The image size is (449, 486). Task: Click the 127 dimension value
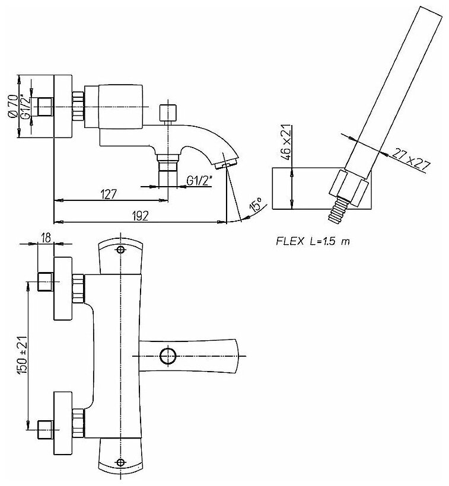[108, 194]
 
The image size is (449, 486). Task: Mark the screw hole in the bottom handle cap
[120, 462]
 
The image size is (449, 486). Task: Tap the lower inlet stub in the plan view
[45, 428]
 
